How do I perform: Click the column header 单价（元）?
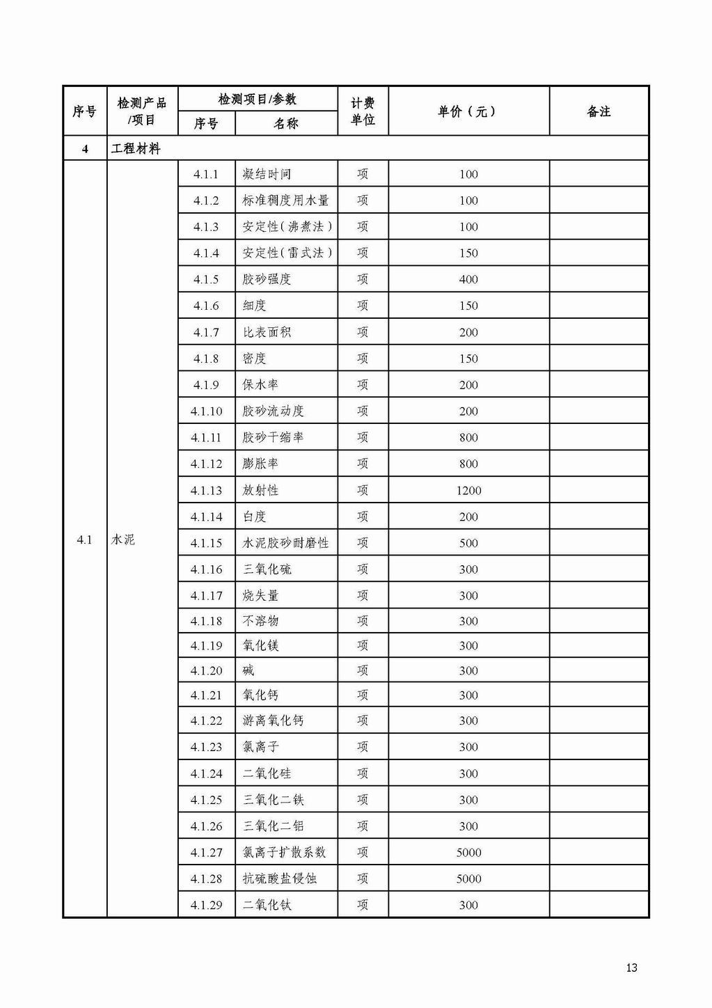click(x=468, y=111)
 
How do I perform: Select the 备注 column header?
click(x=599, y=111)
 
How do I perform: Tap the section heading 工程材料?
click(x=136, y=148)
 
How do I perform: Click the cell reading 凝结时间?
click(x=267, y=174)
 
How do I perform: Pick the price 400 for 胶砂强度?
click(x=468, y=279)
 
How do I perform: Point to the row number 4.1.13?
click(x=206, y=490)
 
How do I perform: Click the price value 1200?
click(x=468, y=490)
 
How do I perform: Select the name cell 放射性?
click(x=260, y=490)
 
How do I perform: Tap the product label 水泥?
click(x=123, y=540)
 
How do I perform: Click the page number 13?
click(x=631, y=968)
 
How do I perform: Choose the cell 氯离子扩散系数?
click(x=284, y=852)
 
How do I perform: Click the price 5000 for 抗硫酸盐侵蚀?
click(x=468, y=879)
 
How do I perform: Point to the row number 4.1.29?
click(x=206, y=905)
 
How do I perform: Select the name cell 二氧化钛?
click(x=267, y=905)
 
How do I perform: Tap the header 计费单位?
click(x=363, y=111)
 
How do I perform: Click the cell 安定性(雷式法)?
click(x=287, y=253)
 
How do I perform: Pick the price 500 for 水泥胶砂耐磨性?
click(x=468, y=543)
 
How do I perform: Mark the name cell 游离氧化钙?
click(x=273, y=720)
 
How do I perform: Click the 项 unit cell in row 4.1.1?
click(x=363, y=174)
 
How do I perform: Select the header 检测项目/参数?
click(x=258, y=99)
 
